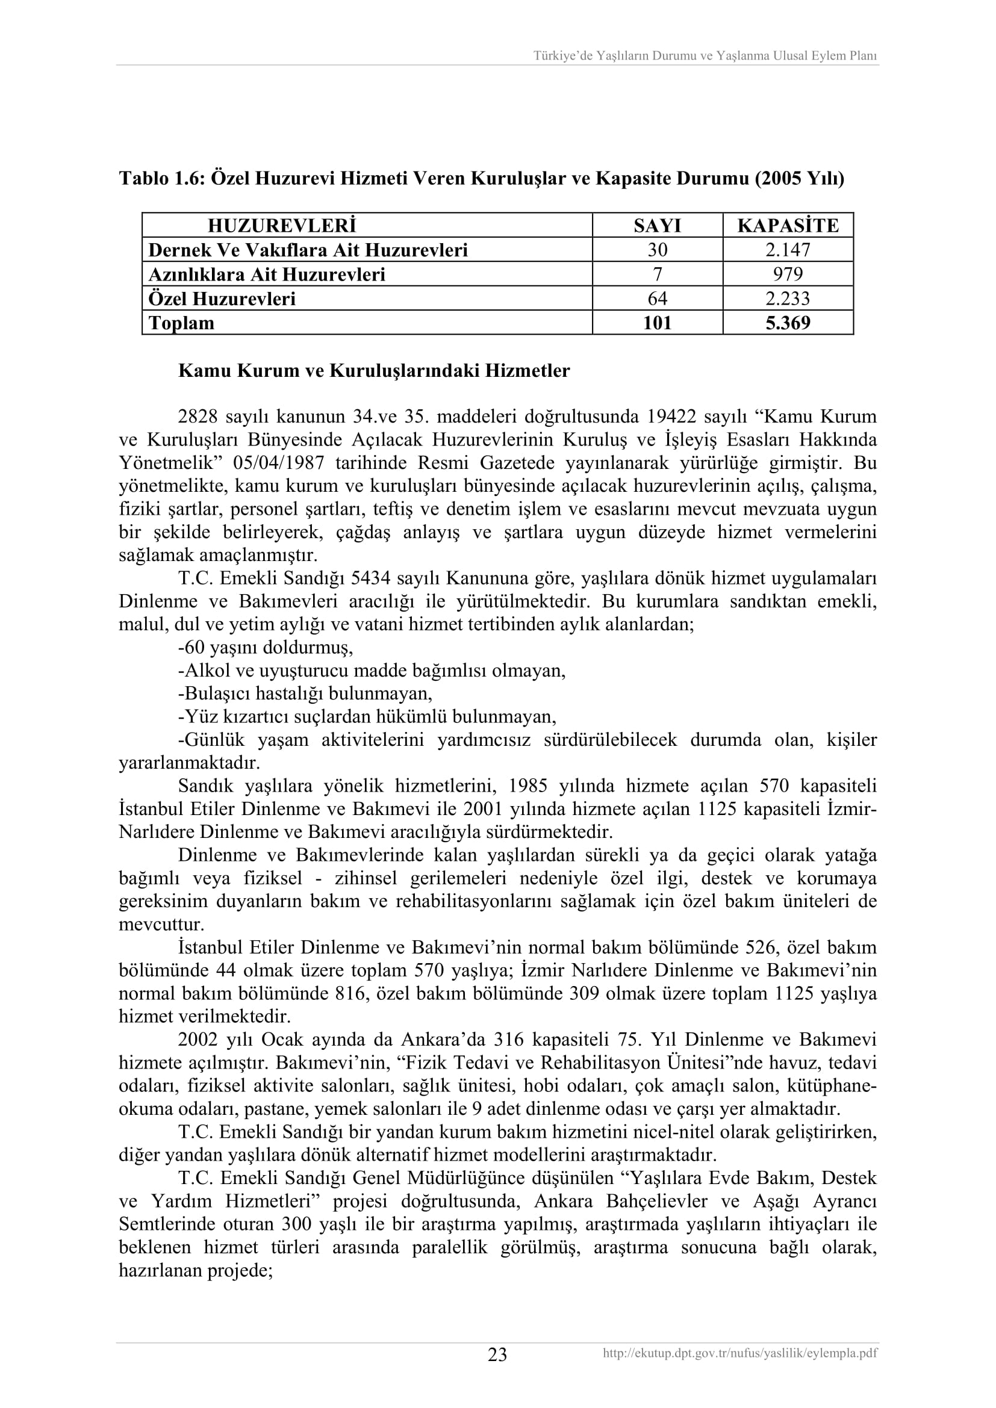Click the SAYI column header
pyautogui.click(x=657, y=226)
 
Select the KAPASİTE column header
pyautogui.click(x=788, y=226)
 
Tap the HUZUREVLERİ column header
pyautogui.click(x=281, y=226)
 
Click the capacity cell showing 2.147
pyautogui.click(x=788, y=250)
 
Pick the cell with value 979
pyautogui.click(x=788, y=274)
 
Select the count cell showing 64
pyautogui.click(x=657, y=299)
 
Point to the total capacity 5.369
pyautogui.click(x=788, y=323)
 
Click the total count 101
pyautogui.click(x=657, y=323)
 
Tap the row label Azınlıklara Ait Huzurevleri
pyautogui.click(x=267, y=274)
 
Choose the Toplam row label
pyautogui.click(x=181, y=323)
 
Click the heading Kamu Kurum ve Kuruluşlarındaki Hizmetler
pyautogui.click(x=373, y=371)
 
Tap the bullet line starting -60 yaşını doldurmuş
pyautogui.click(x=266, y=648)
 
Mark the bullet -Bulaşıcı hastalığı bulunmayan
pyautogui.click(x=305, y=693)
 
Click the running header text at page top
pyautogui.click(x=705, y=56)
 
